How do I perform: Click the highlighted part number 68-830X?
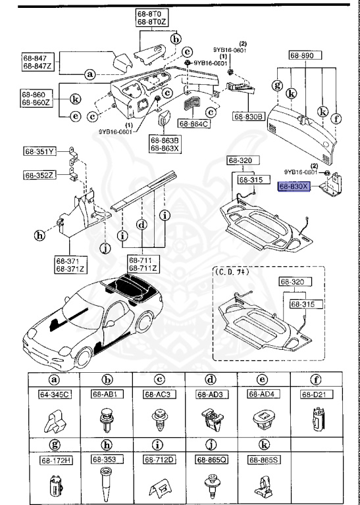click(x=293, y=187)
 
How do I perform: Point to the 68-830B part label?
click(x=248, y=116)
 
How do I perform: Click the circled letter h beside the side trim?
click(x=41, y=235)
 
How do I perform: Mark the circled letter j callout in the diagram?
click(x=104, y=248)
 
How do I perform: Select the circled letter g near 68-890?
click(x=278, y=85)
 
